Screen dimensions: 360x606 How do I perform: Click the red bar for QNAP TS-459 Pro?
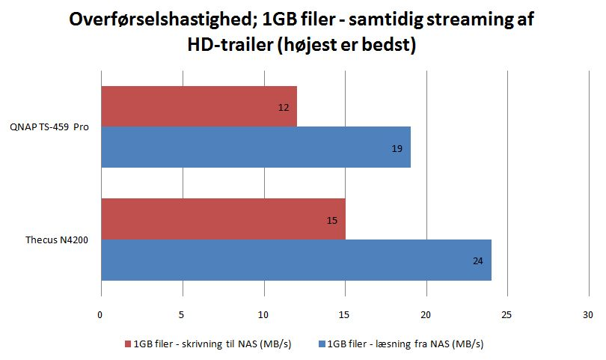tap(198, 106)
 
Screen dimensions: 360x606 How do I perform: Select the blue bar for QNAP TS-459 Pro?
tap(255, 147)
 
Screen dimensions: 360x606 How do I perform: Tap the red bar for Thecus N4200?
tap(223, 219)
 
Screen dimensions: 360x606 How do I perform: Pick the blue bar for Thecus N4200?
tap(296, 260)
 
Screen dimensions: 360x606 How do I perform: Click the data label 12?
tap(284, 108)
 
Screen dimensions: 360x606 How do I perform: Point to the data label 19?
tap(397, 149)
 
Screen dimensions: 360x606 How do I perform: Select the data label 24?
tap(477, 261)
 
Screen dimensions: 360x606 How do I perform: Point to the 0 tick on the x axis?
tap(100, 316)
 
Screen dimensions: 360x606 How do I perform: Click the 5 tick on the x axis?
tap(182, 316)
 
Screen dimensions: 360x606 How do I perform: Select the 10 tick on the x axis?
tap(263, 316)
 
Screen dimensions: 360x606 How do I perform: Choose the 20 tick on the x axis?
tap(426, 316)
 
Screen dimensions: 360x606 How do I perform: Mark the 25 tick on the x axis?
tap(507, 316)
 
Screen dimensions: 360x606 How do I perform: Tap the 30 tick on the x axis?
tap(588, 316)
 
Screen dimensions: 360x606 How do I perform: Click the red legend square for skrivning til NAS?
tap(128, 344)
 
